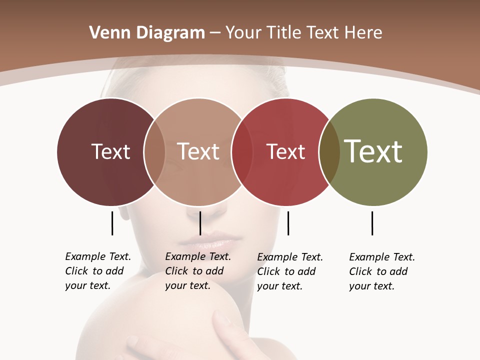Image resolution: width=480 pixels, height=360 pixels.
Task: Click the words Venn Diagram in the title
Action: tap(147, 33)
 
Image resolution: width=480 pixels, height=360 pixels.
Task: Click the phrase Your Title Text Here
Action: tap(303, 33)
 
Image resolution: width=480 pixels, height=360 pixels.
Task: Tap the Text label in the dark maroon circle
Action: tap(110, 151)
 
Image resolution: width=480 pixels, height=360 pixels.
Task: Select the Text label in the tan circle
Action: tap(198, 151)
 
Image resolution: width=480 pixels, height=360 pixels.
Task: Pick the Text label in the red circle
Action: tap(285, 151)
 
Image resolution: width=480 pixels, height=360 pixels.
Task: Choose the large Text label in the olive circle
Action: tap(373, 151)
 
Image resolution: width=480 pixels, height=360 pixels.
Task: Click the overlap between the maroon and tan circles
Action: tap(154, 151)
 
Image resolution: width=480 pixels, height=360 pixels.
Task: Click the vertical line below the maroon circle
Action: tap(112, 223)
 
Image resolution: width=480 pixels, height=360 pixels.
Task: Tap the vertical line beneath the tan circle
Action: tap(200, 223)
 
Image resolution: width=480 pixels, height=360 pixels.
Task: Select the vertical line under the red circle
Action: tap(288, 223)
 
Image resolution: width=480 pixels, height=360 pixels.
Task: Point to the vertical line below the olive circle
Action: tap(372, 223)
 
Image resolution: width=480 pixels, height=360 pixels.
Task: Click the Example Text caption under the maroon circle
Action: tap(98, 271)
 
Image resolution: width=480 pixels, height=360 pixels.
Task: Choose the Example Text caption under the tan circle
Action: tap(198, 271)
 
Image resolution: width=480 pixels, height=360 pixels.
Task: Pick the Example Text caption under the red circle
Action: tap(290, 271)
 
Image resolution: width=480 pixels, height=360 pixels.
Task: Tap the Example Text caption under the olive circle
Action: tap(382, 271)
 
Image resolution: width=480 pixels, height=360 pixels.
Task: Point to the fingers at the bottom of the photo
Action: tap(227, 330)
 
